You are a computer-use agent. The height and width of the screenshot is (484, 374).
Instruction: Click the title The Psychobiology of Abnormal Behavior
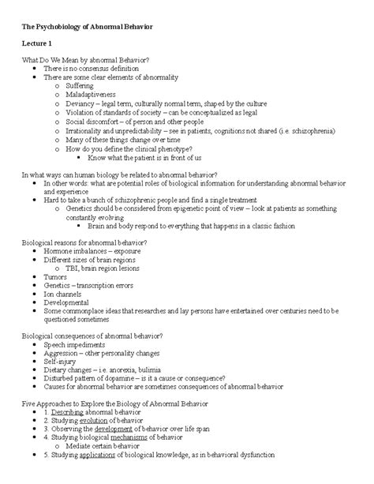tap(88, 28)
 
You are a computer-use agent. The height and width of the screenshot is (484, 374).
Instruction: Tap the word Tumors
tap(55, 277)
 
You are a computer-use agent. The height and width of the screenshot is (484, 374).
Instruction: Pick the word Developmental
tap(68, 304)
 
